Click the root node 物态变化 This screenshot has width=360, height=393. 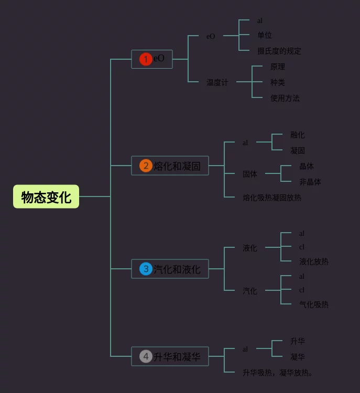point(46,196)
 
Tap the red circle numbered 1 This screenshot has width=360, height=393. point(146,59)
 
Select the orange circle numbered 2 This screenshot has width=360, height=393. point(146,166)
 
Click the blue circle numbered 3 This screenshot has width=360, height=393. point(146,269)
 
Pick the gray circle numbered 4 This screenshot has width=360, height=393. point(146,357)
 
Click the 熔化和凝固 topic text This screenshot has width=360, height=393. point(177,166)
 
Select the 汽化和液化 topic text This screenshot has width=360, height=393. point(177,269)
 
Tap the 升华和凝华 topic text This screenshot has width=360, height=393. point(177,357)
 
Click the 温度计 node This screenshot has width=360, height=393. point(217,82)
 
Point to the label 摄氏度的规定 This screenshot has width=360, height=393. point(279,51)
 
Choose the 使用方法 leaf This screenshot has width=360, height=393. point(285,98)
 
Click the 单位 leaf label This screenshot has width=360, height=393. point(264,35)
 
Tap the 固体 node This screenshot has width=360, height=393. point(250,173)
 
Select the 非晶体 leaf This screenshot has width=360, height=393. point(310,182)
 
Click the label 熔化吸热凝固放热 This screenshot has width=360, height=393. point(272,198)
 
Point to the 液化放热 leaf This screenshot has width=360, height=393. point(314,261)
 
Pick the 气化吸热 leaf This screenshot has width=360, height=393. point(314,304)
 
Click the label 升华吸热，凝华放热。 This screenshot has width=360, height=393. point(278,373)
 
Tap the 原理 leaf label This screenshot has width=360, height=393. point(278,67)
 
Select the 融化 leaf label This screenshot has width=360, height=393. point(298,135)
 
